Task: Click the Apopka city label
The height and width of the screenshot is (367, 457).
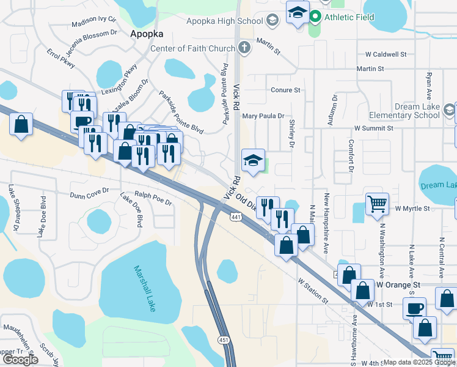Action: [144, 35]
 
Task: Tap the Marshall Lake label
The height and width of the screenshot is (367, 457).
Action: [145, 287]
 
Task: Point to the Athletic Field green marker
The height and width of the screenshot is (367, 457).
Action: [315, 17]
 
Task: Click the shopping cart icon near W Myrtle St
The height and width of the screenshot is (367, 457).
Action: [377, 204]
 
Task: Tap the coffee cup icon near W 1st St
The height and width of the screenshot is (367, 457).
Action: [415, 308]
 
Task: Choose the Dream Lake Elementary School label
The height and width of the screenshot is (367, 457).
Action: [417, 111]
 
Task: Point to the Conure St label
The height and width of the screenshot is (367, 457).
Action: [286, 90]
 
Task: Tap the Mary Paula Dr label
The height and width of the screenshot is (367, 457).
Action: [263, 116]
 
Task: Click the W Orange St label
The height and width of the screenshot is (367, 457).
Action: [398, 285]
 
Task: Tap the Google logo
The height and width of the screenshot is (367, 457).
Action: [20, 360]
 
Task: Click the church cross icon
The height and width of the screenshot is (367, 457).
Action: [244, 47]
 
